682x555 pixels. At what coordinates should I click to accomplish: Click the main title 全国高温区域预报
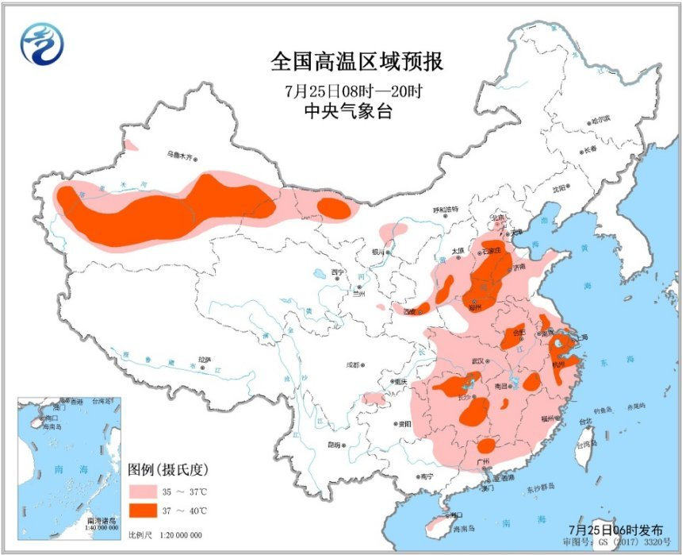[x=357, y=62]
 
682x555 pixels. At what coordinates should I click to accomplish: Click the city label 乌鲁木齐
[x=179, y=156]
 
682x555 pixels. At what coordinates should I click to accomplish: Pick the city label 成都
[x=353, y=365]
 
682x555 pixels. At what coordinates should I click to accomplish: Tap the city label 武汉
[x=478, y=361]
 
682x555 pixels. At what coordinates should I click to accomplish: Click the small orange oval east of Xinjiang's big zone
[x=333, y=208]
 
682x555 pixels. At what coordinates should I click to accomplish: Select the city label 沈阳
[x=561, y=189]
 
